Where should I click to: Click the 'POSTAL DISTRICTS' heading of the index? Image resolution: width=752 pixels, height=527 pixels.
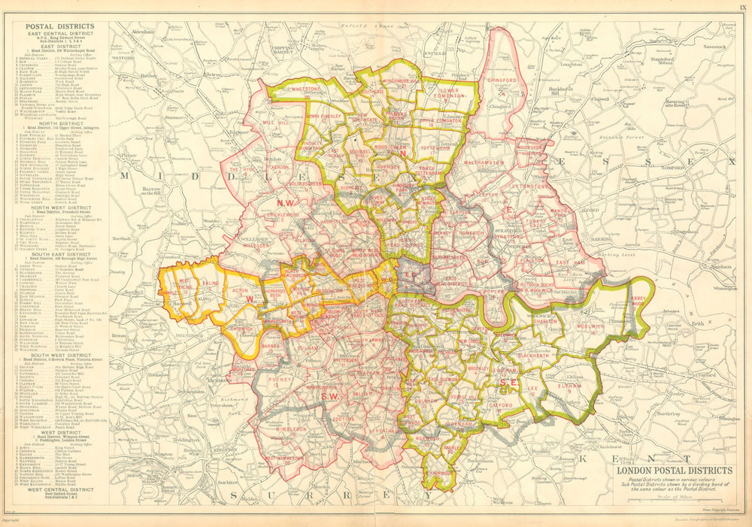[x=60, y=26]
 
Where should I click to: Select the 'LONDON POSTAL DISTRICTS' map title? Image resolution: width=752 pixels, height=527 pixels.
[x=675, y=471]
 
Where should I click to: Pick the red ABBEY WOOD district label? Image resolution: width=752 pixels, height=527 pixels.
[x=639, y=296]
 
